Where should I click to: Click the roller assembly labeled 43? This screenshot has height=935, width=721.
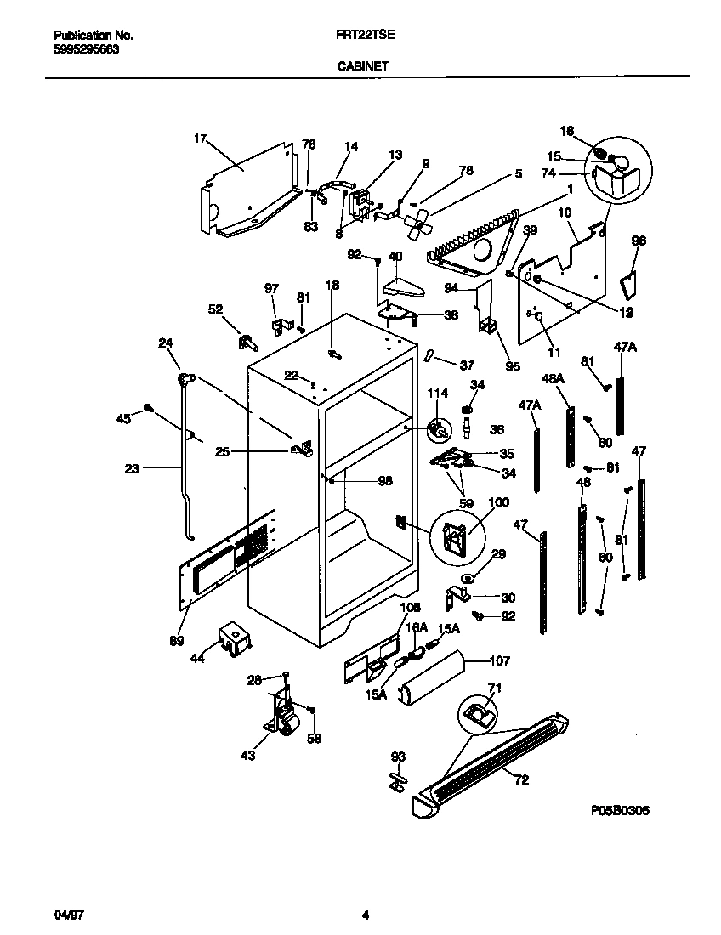point(283,718)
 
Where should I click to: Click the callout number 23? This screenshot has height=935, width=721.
point(131,467)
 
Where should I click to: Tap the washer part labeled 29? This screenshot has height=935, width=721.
point(468,579)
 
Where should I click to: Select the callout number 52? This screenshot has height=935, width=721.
point(215,310)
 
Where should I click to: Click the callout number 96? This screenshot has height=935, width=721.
point(639,241)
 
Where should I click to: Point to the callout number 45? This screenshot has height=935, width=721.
point(124,417)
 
